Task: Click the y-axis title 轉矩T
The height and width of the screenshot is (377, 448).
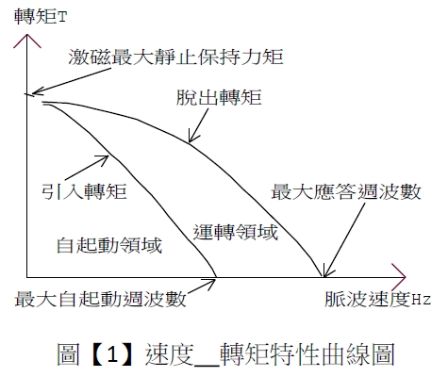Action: tap(41, 17)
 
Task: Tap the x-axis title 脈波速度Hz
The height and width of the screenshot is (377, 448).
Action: tap(377, 299)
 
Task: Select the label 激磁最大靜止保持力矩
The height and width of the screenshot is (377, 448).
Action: tap(175, 57)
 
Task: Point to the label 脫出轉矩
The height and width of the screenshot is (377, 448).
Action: tap(219, 97)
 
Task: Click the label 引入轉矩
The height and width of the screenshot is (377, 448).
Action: tap(84, 191)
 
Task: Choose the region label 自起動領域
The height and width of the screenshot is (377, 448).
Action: tap(109, 245)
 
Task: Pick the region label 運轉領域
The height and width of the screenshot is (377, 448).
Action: tap(236, 233)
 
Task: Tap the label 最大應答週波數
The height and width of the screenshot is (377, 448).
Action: tap(346, 191)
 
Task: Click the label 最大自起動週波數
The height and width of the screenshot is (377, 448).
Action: tap(100, 299)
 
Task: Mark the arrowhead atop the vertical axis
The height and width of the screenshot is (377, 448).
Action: tap(27, 41)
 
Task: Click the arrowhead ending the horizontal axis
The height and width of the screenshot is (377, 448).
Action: tap(399, 277)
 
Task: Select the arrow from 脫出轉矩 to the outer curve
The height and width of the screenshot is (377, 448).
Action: tap(198, 125)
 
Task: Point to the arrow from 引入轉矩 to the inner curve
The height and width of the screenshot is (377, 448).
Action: tap(87, 168)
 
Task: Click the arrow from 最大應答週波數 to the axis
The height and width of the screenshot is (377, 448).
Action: tap(344, 240)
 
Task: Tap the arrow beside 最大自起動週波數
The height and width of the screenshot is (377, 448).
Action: tap(202, 287)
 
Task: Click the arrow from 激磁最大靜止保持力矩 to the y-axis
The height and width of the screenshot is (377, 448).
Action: tap(72, 81)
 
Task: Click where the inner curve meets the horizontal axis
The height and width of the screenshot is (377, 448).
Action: tap(217, 277)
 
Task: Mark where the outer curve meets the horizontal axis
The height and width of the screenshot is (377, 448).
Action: tap(323, 277)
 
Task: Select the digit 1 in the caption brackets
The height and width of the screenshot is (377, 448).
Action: tap(112, 354)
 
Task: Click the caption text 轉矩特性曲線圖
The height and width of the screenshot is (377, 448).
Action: tap(307, 354)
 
